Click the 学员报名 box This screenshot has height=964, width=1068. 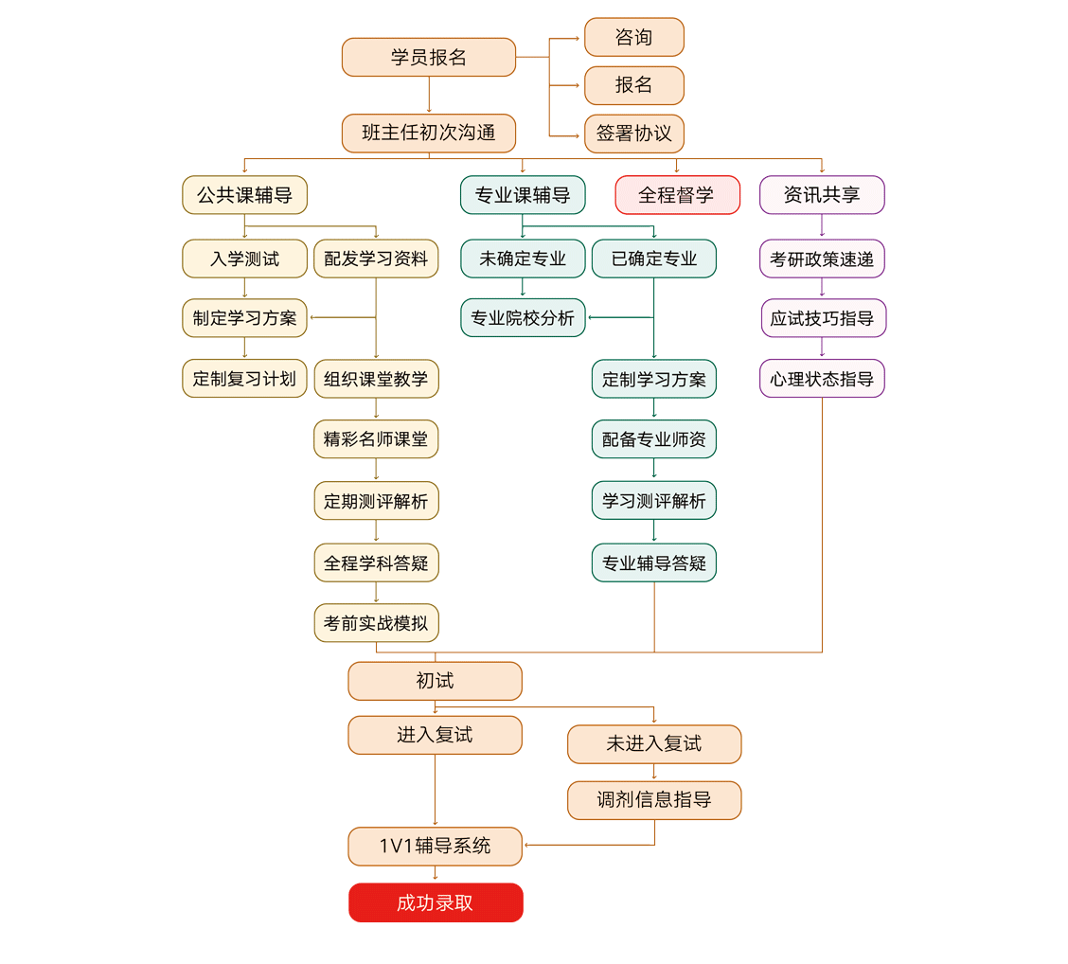[x=428, y=57]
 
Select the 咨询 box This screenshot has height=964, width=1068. [x=633, y=37]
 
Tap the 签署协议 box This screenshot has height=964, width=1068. [x=633, y=134]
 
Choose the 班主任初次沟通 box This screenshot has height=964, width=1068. [x=428, y=133]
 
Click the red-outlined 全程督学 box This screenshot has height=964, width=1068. [x=677, y=195]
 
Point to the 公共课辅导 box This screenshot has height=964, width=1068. [x=244, y=195]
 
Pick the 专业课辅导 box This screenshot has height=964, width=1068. [x=523, y=195]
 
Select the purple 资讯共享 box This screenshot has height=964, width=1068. [x=822, y=195]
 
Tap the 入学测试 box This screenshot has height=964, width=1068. [x=244, y=259]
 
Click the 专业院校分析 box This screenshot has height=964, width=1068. [x=523, y=318]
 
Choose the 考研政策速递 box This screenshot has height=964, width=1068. [x=822, y=259]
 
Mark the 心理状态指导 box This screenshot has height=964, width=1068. [x=822, y=379]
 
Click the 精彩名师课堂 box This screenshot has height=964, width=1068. [x=376, y=439]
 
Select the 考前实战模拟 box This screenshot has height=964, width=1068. [x=376, y=623]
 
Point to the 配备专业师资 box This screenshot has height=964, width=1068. [x=653, y=439]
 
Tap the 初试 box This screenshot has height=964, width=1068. [x=435, y=681]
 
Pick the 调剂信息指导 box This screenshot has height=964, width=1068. [x=653, y=800]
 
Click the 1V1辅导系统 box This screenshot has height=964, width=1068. [x=435, y=847]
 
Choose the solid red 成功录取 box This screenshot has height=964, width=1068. [x=436, y=902]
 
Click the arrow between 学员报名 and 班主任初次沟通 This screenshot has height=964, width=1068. [x=429, y=95]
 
